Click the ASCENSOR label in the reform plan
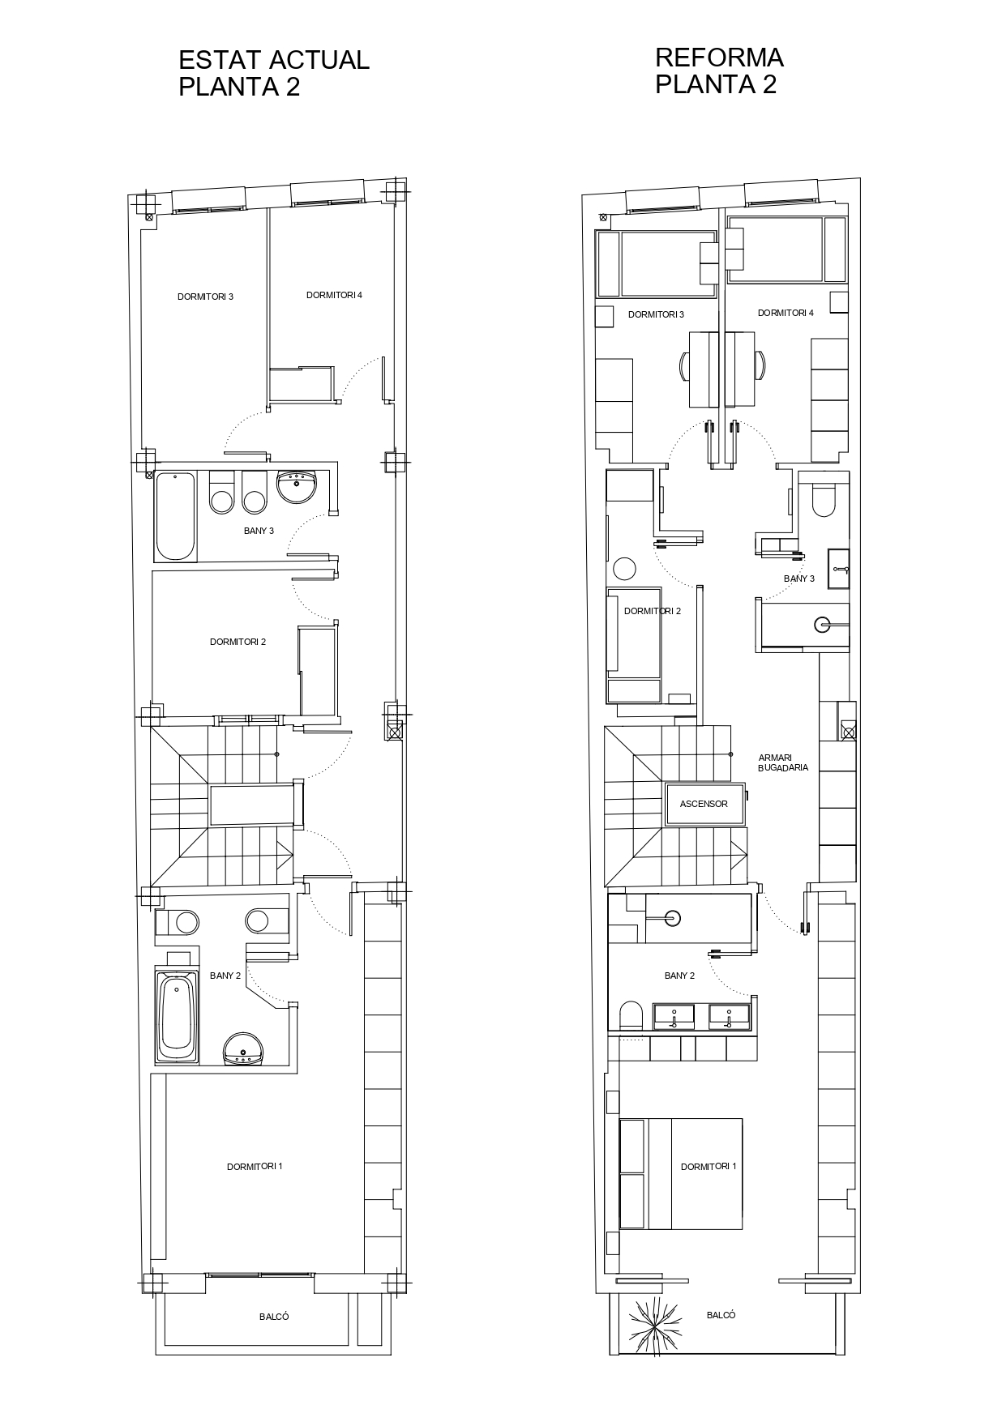coord(704,804)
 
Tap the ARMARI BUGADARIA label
coord(783,762)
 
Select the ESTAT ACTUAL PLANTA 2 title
coord(274,73)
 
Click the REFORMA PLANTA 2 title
coord(719,70)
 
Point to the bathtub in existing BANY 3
coord(175,516)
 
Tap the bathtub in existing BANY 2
coord(178,1014)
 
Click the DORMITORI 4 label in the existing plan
coord(334,295)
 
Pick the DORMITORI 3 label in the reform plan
coord(656,314)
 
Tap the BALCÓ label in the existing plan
coord(274,1317)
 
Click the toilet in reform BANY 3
coord(823,501)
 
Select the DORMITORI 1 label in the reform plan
coord(708,1167)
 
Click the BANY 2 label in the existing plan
coord(225,976)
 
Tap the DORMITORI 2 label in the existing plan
coord(238,642)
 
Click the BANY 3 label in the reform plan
coord(799,579)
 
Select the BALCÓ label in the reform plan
coord(721,1315)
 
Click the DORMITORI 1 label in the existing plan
coord(255,1167)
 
